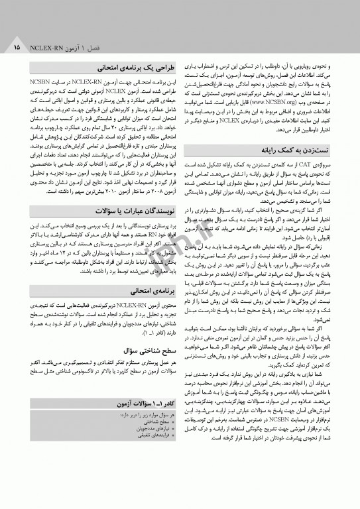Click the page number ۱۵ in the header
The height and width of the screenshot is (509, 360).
[15, 48]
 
